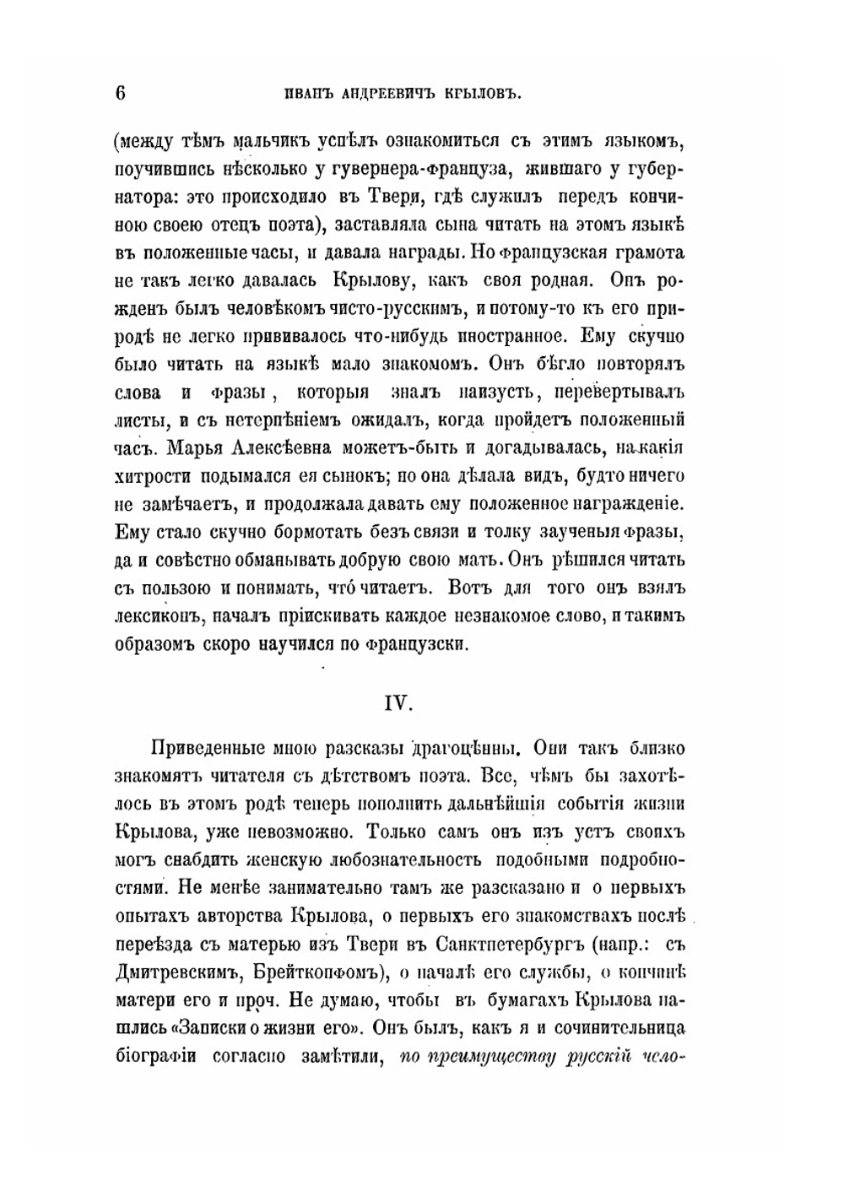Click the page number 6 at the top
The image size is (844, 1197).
click(x=119, y=93)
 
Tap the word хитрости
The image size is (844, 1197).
click(x=152, y=476)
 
